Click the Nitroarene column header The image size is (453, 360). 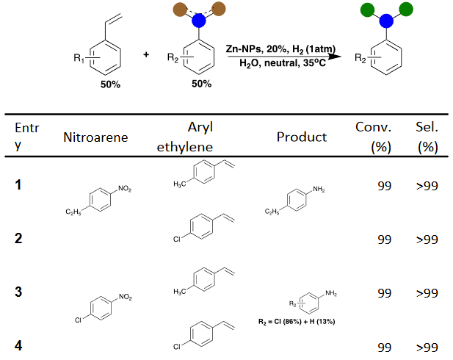[96, 137]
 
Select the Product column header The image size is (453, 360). [302, 137]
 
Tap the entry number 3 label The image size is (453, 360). [20, 293]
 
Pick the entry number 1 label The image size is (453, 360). [20, 184]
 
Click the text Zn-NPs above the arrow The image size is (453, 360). [245, 48]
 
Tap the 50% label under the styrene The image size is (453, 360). [111, 84]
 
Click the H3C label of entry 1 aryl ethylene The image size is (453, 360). [176, 184]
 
